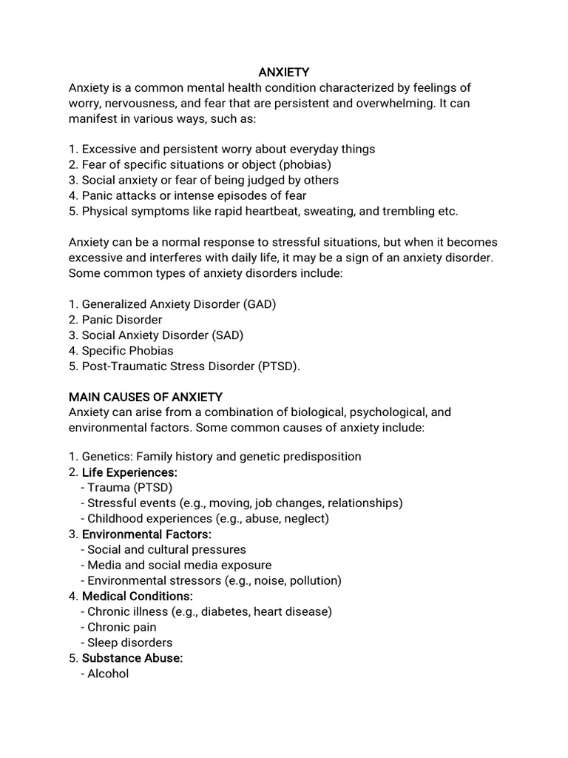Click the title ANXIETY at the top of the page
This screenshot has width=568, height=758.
click(284, 73)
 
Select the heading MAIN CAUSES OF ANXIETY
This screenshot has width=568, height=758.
click(146, 397)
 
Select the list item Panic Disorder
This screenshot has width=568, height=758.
click(121, 320)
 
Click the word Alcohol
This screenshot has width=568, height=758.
click(108, 674)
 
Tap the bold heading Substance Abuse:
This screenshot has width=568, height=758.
click(132, 658)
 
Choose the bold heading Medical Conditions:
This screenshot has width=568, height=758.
click(138, 596)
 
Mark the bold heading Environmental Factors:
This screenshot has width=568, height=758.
click(146, 534)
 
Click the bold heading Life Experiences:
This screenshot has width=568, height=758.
click(129, 472)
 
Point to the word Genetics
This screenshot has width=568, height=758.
click(106, 457)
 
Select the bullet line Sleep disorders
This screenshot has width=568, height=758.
click(130, 643)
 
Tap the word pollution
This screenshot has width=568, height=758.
click(313, 580)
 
